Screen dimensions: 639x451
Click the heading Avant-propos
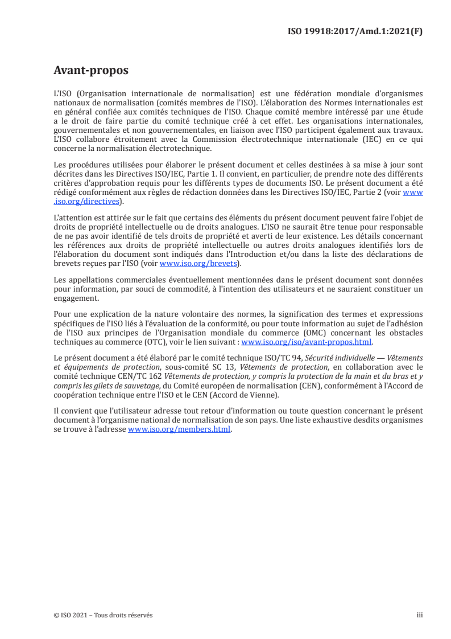(90, 71)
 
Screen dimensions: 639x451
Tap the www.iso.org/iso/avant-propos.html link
(307, 342)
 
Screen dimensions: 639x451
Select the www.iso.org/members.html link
(179, 429)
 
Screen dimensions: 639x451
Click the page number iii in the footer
(420, 615)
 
